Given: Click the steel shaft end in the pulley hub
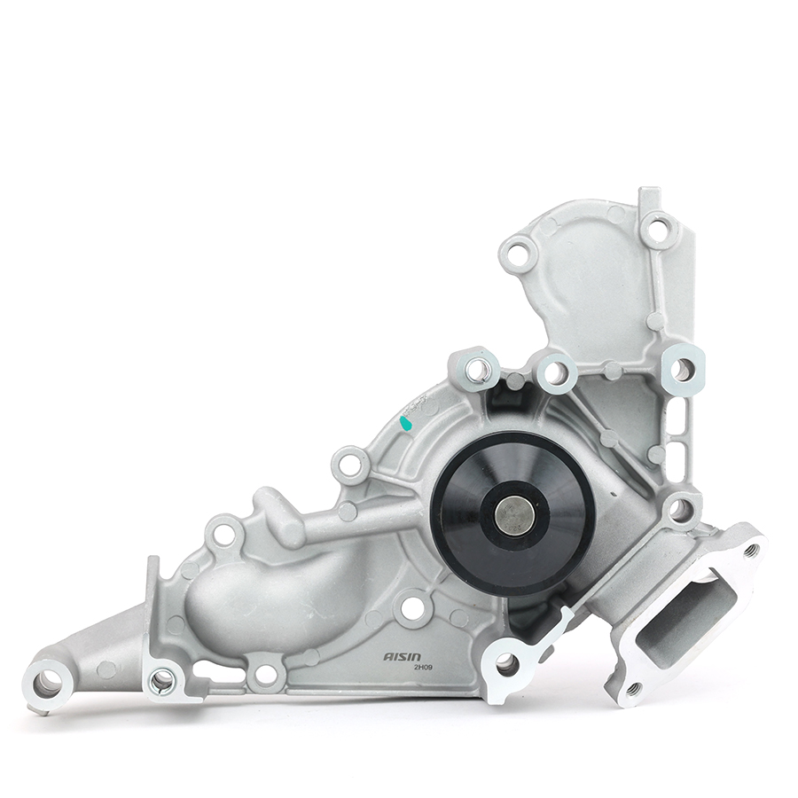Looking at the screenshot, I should tap(514, 515).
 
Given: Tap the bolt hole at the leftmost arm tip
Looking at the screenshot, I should tap(47, 683).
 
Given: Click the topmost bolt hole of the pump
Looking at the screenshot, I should tap(656, 231).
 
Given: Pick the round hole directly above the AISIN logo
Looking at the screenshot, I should tap(412, 608).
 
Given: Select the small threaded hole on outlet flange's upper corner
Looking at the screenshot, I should tap(752, 550).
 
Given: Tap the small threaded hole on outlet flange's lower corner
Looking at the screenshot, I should tap(632, 688).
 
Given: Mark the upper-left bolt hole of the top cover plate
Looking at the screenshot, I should tap(519, 255).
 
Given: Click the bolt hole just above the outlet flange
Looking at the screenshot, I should tap(681, 508).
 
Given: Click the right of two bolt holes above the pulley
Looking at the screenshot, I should tap(556, 372).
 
